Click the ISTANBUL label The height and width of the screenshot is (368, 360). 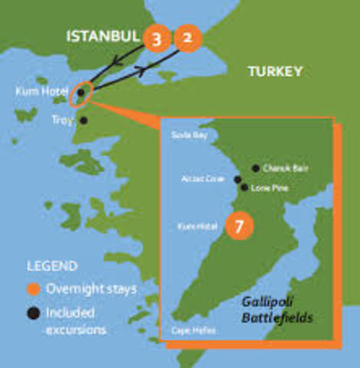pos(103,36)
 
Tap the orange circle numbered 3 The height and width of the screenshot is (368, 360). pos(157,39)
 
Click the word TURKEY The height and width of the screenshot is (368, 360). pos(275,72)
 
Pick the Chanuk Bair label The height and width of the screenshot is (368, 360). pos(279,169)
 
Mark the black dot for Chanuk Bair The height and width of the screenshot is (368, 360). pos(256,168)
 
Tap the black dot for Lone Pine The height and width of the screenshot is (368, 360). pos(244,187)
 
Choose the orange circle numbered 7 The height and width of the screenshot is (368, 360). pos(240,227)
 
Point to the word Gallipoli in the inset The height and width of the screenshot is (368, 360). pos(263,303)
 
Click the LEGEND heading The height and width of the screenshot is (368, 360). pos(52,267)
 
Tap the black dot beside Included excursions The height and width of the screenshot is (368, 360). pos(32,314)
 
